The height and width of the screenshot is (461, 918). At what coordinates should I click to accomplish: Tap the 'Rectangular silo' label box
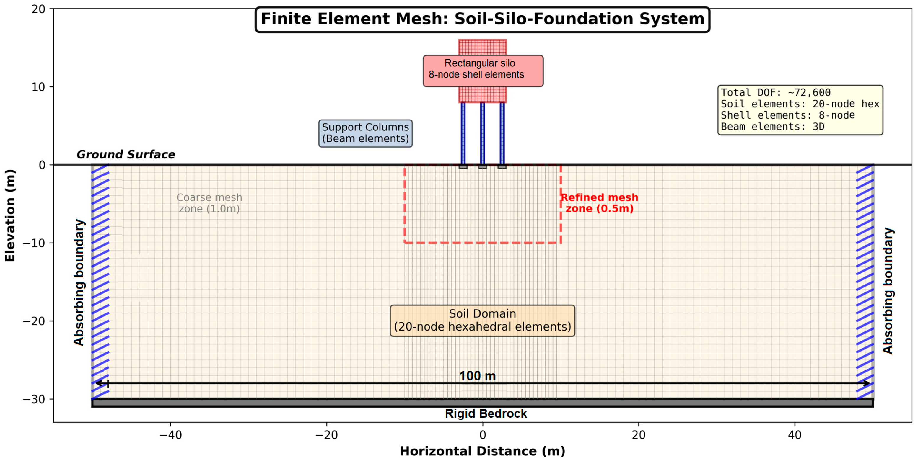(x=483, y=71)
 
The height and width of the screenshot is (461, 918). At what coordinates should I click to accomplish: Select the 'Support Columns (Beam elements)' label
(x=365, y=133)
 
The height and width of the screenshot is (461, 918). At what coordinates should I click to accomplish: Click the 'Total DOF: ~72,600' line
(x=775, y=93)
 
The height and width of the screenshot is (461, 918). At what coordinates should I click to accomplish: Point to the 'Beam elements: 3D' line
(x=772, y=127)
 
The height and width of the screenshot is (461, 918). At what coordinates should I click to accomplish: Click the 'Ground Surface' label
(x=126, y=154)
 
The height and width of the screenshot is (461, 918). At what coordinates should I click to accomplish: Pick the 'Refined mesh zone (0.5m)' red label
(x=599, y=203)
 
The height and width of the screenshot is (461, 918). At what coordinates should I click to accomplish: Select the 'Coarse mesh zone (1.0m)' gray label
(x=209, y=203)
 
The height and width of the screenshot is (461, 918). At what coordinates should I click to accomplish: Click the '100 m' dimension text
(x=477, y=376)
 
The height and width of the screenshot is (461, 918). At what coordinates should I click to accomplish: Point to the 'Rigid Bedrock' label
(x=486, y=414)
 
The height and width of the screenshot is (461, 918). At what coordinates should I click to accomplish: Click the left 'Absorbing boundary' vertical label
(x=79, y=283)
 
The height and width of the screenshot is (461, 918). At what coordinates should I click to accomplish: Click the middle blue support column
(x=483, y=133)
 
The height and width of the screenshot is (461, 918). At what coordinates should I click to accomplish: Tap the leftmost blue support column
(x=463, y=133)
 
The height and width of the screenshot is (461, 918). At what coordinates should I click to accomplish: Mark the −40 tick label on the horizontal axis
(x=170, y=435)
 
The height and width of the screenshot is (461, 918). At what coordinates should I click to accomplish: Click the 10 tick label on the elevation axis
(x=38, y=87)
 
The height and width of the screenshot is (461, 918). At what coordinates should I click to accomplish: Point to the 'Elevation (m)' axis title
(x=10, y=215)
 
